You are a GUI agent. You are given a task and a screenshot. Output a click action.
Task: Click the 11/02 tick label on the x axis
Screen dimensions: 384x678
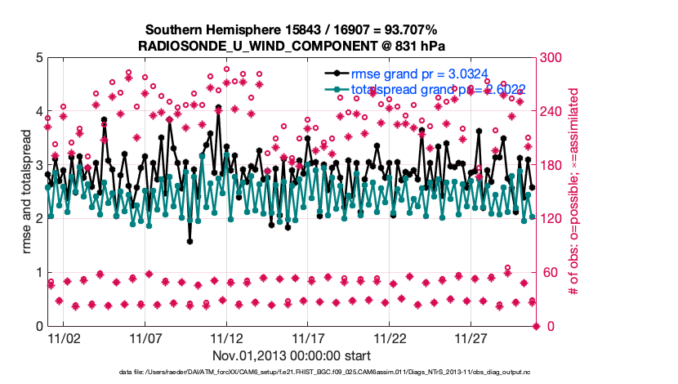click(x=63, y=338)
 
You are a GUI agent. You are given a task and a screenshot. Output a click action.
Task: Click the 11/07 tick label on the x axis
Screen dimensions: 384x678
click(x=145, y=338)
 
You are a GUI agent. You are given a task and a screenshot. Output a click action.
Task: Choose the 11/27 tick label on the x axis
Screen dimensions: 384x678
click(x=471, y=338)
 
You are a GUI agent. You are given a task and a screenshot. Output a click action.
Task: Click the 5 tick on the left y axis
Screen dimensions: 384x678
click(x=30, y=58)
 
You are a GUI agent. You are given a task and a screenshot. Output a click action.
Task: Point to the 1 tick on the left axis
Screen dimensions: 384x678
click(x=30, y=273)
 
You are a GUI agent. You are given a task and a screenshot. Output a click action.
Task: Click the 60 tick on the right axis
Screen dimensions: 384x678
click(x=552, y=273)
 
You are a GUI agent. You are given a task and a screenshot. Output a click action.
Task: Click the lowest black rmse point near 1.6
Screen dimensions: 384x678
click(x=190, y=241)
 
